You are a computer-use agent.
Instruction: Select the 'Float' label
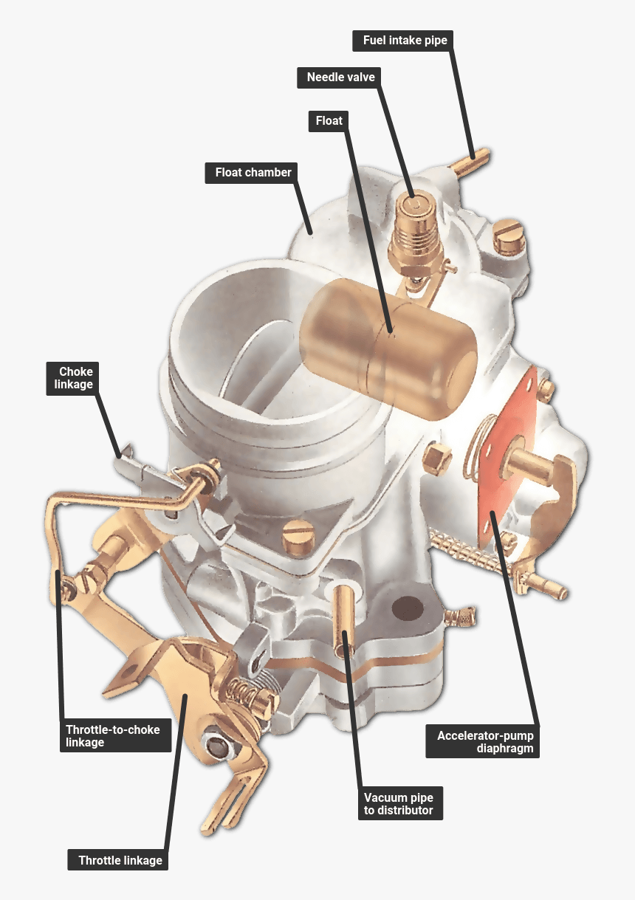click(x=329, y=121)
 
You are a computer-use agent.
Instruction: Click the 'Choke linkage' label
click(x=72, y=379)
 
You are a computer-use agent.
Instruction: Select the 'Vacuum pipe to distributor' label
click(x=400, y=803)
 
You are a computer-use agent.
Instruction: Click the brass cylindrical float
click(x=388, y=349)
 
